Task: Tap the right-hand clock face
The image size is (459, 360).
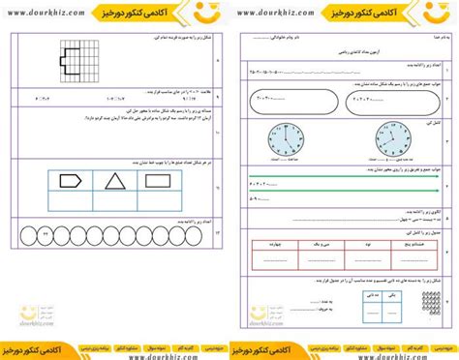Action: point(381,142)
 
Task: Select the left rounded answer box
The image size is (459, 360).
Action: point(286,99)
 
